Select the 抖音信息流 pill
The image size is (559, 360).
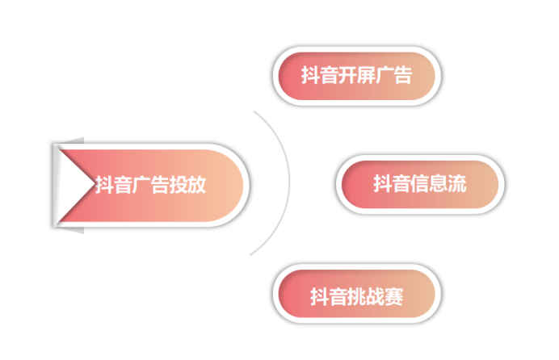click(x=420, y=184)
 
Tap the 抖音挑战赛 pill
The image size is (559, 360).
click(x=358, y=296)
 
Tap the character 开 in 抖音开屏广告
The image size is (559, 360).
click(x=348, y=76)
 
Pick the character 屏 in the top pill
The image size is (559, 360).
click(x=367, y=76)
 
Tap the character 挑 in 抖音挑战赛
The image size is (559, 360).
click(x=357, y=296)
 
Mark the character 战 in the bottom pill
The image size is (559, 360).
click(x=376, y=296)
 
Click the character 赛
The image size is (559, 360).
click(x=394, y=296)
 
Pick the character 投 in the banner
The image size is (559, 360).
click(x=179, y=185)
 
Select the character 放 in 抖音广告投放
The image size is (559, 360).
click(x=197, y=185)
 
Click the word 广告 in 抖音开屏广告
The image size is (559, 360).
click(x=395, y=76)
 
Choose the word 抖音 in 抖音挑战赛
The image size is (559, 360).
click(x=330, y=296)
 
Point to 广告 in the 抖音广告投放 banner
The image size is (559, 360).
click(x=150, y=185)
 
